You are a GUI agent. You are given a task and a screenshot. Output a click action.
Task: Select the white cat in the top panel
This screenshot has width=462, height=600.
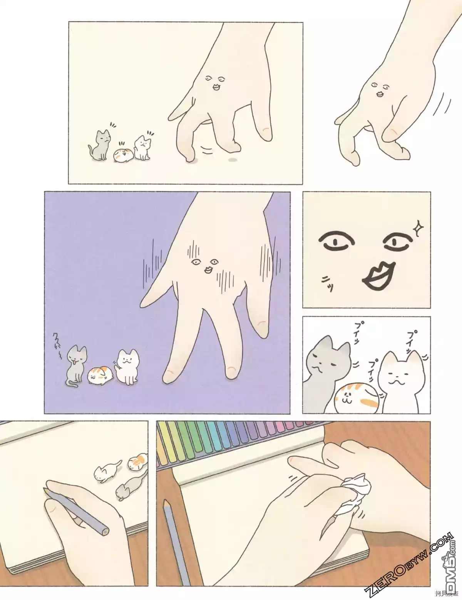click(x=142, y=147)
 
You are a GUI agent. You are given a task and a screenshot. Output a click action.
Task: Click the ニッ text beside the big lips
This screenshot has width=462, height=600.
click(x=327, y=284)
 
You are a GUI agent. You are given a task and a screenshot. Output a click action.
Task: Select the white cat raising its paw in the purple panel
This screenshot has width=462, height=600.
click(x=127, y=366)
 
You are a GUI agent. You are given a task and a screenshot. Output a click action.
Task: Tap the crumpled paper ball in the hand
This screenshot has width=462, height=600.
click(x=353, y=494)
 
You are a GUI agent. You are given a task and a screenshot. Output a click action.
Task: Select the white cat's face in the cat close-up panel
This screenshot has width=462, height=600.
click(x=400, y=375)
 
